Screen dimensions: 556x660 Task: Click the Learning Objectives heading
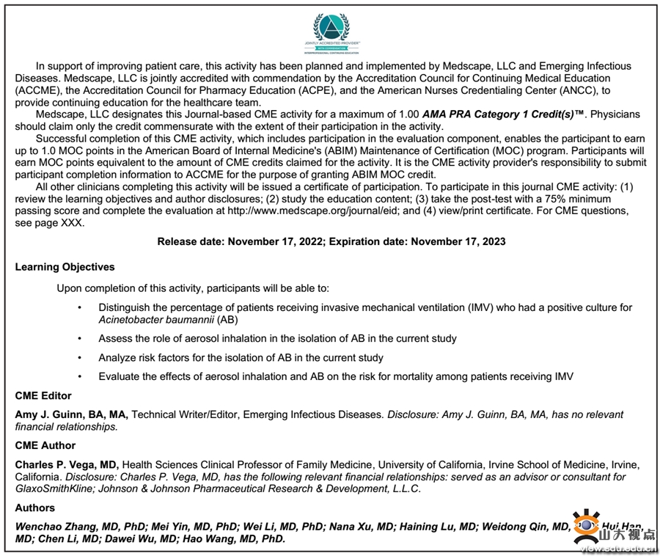coord(65,267)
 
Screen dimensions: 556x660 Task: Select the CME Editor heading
coord(43,396)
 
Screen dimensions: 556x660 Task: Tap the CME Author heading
coord(45,445)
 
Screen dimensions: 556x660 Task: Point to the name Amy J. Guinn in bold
coord(46,414)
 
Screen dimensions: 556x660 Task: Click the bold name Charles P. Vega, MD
coord(67,464)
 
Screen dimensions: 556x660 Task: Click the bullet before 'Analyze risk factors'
coord(79,358)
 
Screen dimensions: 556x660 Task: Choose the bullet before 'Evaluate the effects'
coord(79,377)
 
